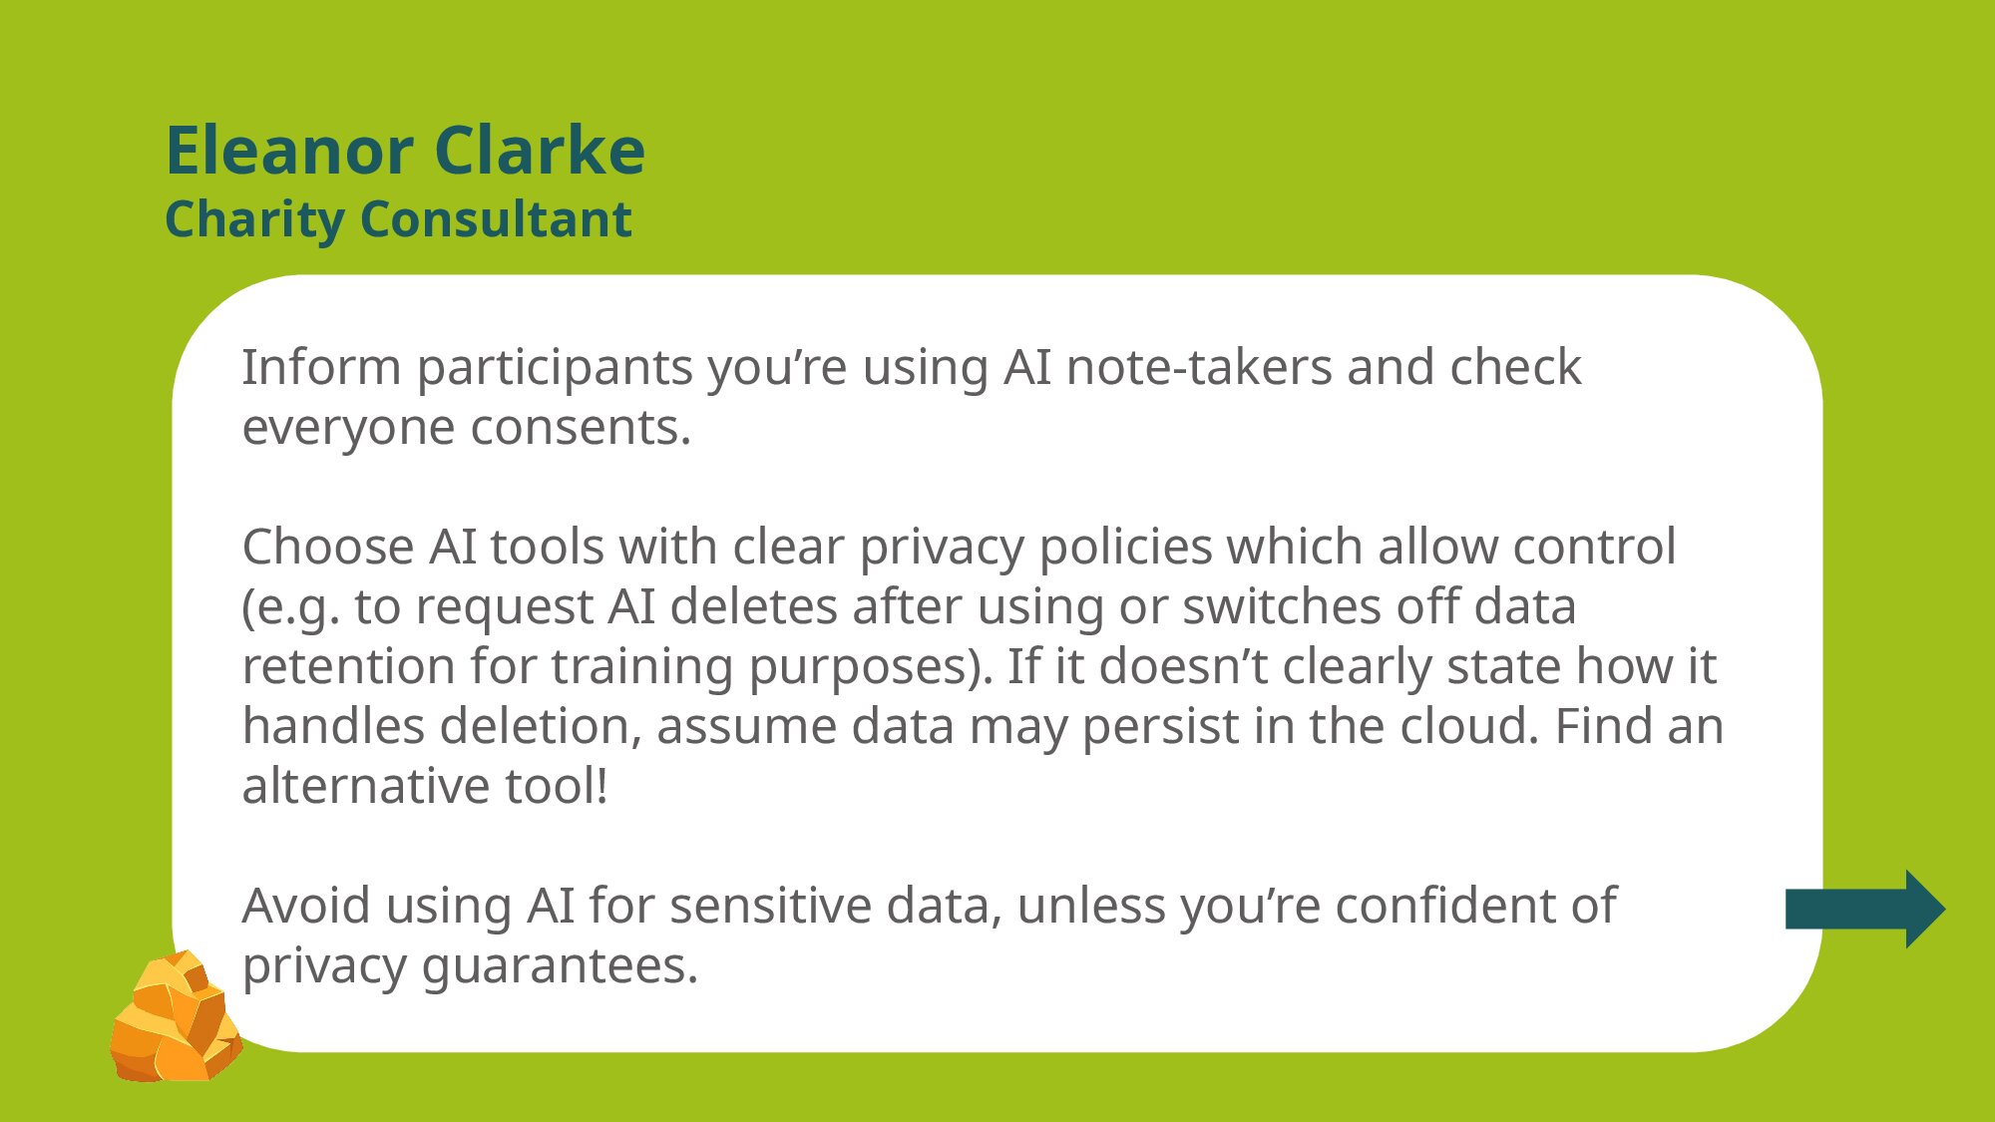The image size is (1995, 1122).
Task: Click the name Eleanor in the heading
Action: [289, 151]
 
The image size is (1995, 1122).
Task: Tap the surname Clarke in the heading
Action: [540, 151]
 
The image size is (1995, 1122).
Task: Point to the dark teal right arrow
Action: [1865, 909]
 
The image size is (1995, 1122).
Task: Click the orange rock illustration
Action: [177, 1016]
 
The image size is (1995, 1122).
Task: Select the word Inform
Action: [321, 367]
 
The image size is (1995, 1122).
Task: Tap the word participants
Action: [555, 369]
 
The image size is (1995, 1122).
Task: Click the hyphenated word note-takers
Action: [1199, 367]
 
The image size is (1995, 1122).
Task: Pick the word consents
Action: [581, 429]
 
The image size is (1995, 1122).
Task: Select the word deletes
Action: [753, 606]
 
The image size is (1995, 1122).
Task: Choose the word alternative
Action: [366, 786]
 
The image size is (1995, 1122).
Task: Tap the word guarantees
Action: [560, 967]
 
